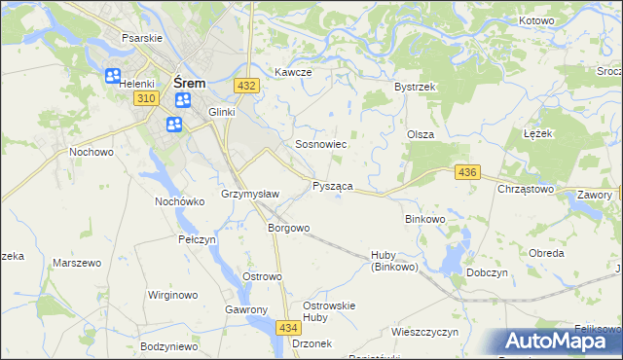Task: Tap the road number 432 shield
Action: (246, 86)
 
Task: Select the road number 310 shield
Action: (147, 99)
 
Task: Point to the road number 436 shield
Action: (467, 172)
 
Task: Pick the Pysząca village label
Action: (333, 185)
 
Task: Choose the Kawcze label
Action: (292, 73)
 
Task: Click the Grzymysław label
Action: (251, 194)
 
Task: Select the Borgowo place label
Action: (288, 229)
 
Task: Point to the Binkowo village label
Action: (424, 219)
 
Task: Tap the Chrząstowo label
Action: (526, 189)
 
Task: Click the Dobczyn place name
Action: (489, 273)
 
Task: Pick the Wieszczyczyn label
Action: (424, 332)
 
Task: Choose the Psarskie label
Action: (140, 37)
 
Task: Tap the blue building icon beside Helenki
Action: (113, 75)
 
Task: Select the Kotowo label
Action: (536, 20)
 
